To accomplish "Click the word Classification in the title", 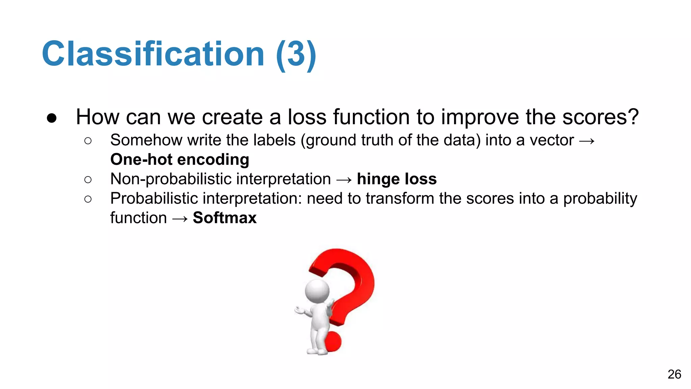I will (153, 54).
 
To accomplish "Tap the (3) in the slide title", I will (296, 55).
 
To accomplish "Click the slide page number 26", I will (674, 374).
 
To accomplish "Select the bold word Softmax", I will (225, 218).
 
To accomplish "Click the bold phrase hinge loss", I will (397, 179).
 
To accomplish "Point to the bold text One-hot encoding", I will (180, 159).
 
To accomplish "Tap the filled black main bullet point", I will (52, 118).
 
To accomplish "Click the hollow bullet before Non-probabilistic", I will (88, 180).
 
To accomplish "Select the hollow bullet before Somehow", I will (88, 141).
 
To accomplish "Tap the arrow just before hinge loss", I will (344, 180).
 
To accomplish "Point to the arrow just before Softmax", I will (180, 218).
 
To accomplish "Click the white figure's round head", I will (317, 291).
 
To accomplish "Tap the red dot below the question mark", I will (333, 342).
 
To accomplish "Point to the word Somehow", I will (146, 140).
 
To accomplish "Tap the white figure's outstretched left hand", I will (300, 310).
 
